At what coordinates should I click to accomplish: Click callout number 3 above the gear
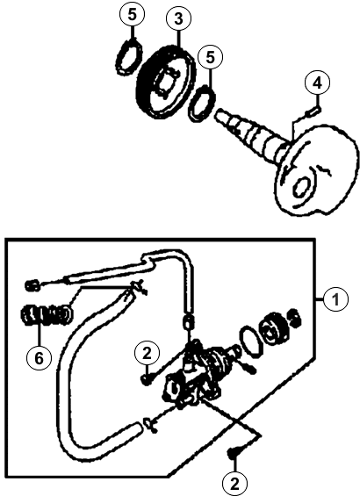pyautogui.click(x=179, y=18)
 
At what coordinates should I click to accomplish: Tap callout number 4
pyautogui.click(x=317, y=83)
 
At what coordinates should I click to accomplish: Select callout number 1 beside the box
pyautogui.click(x=335, y=299)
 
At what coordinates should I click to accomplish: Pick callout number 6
pyautogui.click(x=39, y=358)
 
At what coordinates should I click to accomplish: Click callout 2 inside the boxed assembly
pyautogui.click(x=148, y=354)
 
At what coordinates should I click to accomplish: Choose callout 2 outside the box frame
pyautogui.click(x=234, y=484)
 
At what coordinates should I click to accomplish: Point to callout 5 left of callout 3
pyautogui.click(x=132, y=14)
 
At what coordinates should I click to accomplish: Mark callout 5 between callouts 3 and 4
pyautogui.click(x=211, y=57)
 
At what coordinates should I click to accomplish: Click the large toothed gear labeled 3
pyautogui.click(x=165, y=82)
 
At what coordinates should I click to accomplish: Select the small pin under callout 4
pyautogui.click(x=313, y=111)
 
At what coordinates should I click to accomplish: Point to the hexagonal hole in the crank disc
pyautogui.click(x=301, y=187)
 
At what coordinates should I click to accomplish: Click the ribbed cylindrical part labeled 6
pyautogui.click(x=47, y=314)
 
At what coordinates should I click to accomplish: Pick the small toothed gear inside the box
pyautogui.click(x=273, y=328)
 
